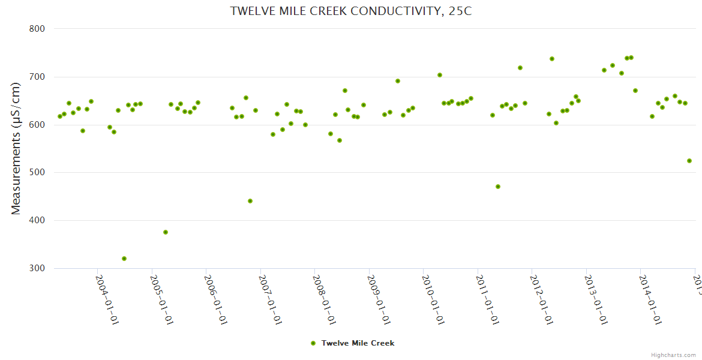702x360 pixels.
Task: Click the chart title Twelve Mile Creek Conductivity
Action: point(351,11)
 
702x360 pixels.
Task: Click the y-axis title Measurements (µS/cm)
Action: point(16,148)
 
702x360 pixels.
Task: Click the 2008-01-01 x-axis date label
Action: point(325,300)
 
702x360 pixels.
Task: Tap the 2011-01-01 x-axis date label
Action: point(488,300)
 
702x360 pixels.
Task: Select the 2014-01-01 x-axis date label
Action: point(650,300)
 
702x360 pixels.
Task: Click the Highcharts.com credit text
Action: point(673,355)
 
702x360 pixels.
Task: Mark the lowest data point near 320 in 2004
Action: point(124,259)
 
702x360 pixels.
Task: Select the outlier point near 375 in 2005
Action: point(166,232)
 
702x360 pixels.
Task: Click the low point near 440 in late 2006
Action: point(250,201)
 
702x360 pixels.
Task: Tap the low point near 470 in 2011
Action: point(498,187)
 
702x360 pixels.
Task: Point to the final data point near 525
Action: point(689,161)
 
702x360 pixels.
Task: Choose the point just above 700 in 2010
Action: point(440,75)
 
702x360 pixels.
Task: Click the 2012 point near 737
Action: point(552,59)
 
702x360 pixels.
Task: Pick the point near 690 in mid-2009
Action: point(398,81)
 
